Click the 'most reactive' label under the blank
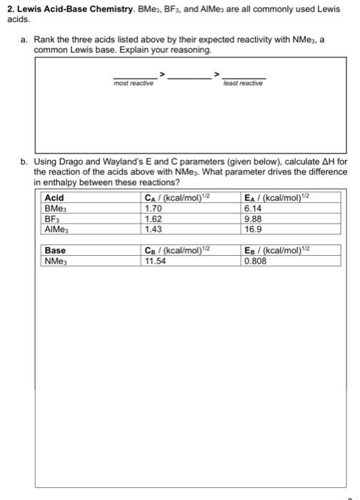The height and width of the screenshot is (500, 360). tap(134, 83)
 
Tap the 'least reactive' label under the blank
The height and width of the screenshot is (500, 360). tap(243, 83)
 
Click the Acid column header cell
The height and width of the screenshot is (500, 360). tap(54, 198)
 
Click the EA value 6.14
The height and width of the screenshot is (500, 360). tap(253, 207)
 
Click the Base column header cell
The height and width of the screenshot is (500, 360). tap(56, 251)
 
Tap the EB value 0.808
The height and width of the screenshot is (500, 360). tap(255, 261)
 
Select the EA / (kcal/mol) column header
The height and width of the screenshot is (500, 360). tap(279, 198)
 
